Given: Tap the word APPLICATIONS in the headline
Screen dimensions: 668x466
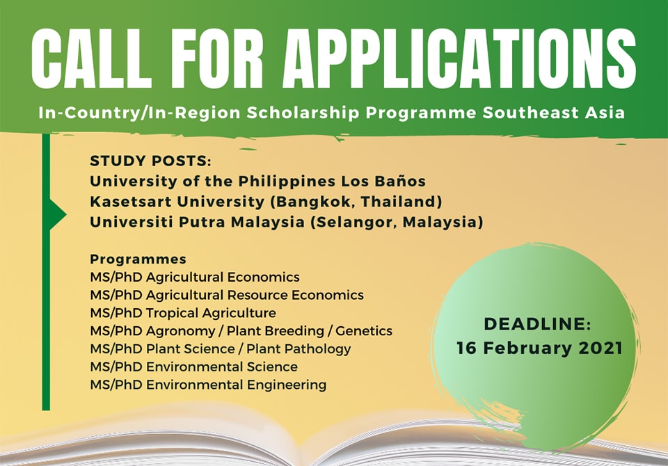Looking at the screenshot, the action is (x=459, y=59).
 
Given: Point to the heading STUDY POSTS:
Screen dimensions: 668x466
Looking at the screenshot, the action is (x=150, y=161).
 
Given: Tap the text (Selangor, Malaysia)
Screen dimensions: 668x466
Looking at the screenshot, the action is (x=397, y=223).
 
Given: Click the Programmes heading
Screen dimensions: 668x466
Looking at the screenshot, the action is (x=138, y=259).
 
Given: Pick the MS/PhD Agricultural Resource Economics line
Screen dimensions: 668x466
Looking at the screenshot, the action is (x=227, y=295).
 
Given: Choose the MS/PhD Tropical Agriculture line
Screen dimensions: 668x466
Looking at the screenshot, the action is (x=183, y=313).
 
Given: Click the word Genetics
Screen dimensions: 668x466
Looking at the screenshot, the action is (x=364, y=331).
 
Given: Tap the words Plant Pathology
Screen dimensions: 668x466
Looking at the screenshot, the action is (x=299, y=349).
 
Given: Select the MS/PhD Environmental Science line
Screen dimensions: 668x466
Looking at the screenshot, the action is (x=194, y=367).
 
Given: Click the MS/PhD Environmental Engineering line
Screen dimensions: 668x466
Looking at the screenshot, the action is (x=208, y=385).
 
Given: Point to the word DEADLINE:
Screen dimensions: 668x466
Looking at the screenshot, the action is (x=538, y=324).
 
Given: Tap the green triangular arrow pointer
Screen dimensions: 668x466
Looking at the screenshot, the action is (x=58, y=214).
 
